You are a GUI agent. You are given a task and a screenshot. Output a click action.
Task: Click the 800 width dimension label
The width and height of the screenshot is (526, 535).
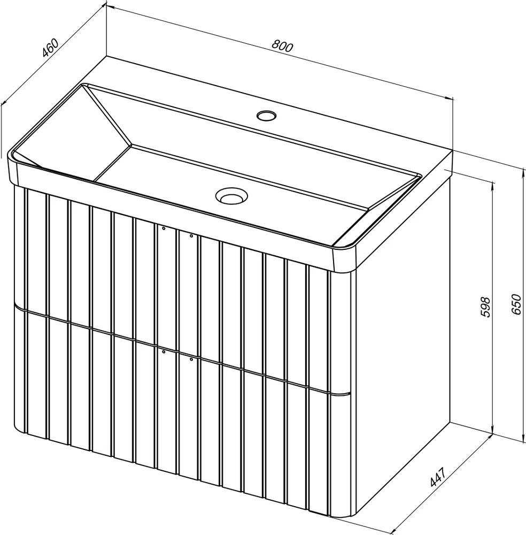pyautogui.click(x=282, y=46)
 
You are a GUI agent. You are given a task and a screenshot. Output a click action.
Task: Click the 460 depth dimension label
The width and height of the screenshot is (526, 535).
pyautogui.click(x=50, y=48)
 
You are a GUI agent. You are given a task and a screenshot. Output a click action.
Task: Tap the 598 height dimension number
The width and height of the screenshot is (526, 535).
pyautogui.click(x=485, y=307)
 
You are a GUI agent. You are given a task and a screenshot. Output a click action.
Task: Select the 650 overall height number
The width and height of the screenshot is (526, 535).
pyautogui.click(x=516, y=304)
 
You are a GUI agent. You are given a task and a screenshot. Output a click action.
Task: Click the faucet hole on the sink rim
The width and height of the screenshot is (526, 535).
pyautogui.click(x=266, y=116)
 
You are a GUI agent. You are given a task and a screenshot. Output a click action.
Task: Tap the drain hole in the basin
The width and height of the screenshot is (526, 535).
pyautogui.click(x=231, y=196)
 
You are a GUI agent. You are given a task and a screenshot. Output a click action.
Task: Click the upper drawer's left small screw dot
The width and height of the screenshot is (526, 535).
pyautogui.click(x=164, y=228)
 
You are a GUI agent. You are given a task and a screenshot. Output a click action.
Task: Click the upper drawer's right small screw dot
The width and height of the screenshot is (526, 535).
pyautogui.click(x=191, y=235)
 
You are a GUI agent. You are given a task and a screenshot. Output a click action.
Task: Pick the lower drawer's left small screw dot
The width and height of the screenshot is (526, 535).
pyautogui.click(x=164, y=351)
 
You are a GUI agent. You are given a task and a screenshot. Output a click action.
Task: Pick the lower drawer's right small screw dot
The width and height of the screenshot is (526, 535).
pyautogui.click(x=191, y=358)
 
